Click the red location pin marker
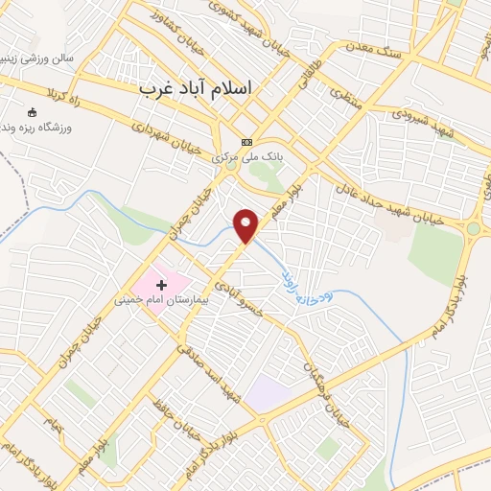[x=246, y=226]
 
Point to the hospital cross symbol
[x=161, y=285]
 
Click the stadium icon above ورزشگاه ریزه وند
[x=35, y=112]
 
